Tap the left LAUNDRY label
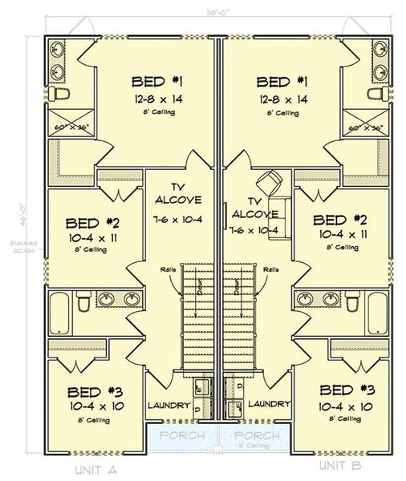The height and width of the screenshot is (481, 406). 168,406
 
